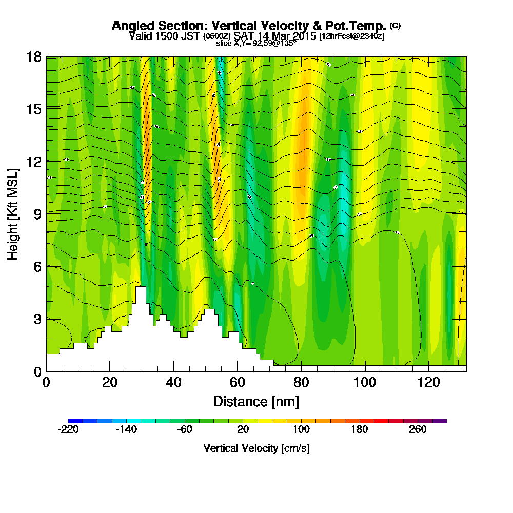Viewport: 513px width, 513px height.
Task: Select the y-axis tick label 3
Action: [37, 319]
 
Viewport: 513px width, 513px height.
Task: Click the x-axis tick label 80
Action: [301, 382]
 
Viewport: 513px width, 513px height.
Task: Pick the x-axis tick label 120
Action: [428, 382]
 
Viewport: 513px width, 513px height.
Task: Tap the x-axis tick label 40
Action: [174, 382]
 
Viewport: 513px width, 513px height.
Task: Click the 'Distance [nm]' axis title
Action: [256, 401]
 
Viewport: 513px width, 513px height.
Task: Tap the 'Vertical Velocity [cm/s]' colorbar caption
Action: [256, 448]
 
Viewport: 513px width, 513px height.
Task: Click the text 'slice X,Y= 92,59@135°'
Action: [256, 44]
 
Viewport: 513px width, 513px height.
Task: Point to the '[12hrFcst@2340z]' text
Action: [351, 36]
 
